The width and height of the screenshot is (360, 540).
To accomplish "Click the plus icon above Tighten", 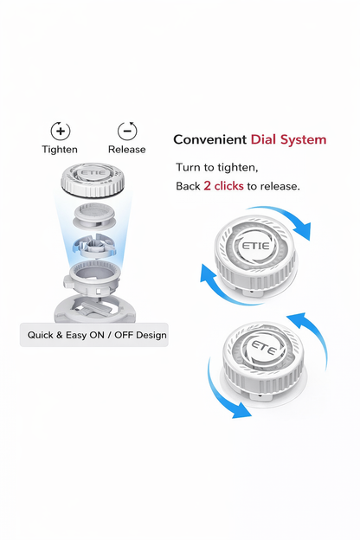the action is click(x=61, y=131).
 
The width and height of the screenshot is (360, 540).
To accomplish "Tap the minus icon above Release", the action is click(x=127, y=131).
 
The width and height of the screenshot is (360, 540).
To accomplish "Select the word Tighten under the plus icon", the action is click(x=60, y=150).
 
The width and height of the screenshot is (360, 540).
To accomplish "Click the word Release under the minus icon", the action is click(x=126, y=150).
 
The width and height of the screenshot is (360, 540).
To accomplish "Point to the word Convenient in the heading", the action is click(x=209, y=139).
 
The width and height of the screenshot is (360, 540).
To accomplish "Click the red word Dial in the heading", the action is click(x=264, y=139).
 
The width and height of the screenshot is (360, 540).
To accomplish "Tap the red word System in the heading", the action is click(x=303, y=140).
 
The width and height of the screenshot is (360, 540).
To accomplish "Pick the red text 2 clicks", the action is click(x=223, y=186).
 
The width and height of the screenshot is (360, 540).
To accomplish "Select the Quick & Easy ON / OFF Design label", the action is click(x=97, y=335).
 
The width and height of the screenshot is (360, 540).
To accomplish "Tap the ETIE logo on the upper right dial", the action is click(x=255, y=246).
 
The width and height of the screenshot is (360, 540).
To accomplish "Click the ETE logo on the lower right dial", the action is click(x=264, y=348).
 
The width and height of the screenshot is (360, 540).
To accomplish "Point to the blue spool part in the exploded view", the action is click(x=94, y=246).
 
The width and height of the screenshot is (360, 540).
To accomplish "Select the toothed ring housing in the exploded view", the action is click(x=92, y=277).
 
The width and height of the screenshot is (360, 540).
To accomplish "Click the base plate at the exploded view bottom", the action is click(x=94, y=309).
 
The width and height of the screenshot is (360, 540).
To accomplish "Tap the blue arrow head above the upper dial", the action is click(x=302, y=231).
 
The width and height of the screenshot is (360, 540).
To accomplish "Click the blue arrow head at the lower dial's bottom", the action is click(x=241, y=410).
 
